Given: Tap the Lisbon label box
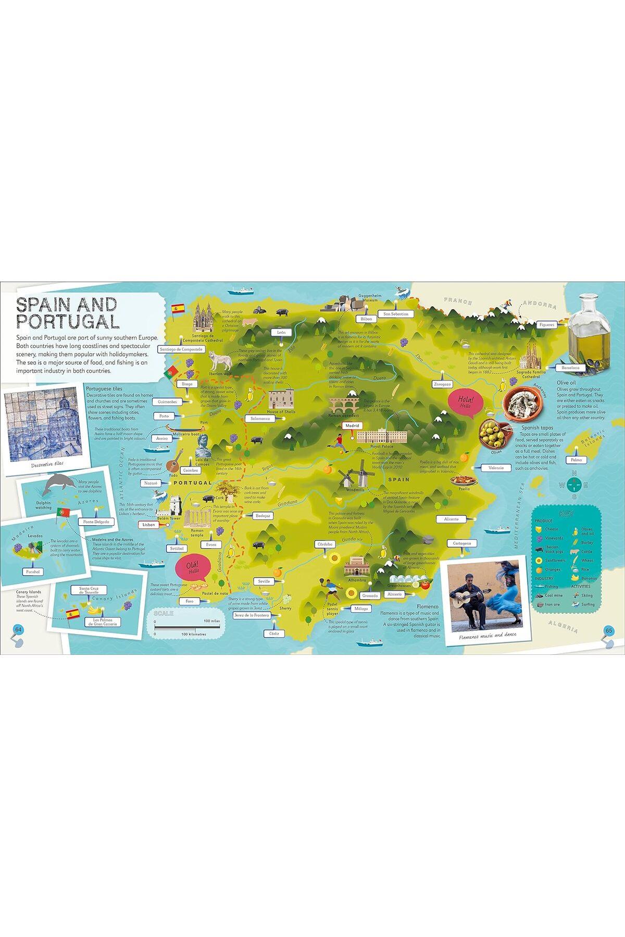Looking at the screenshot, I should tap(149, 524).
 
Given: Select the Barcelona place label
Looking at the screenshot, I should tap(570, 368).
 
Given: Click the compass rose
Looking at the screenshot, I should tap(574, 485).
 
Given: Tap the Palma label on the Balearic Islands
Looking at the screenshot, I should tap(576, 460).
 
